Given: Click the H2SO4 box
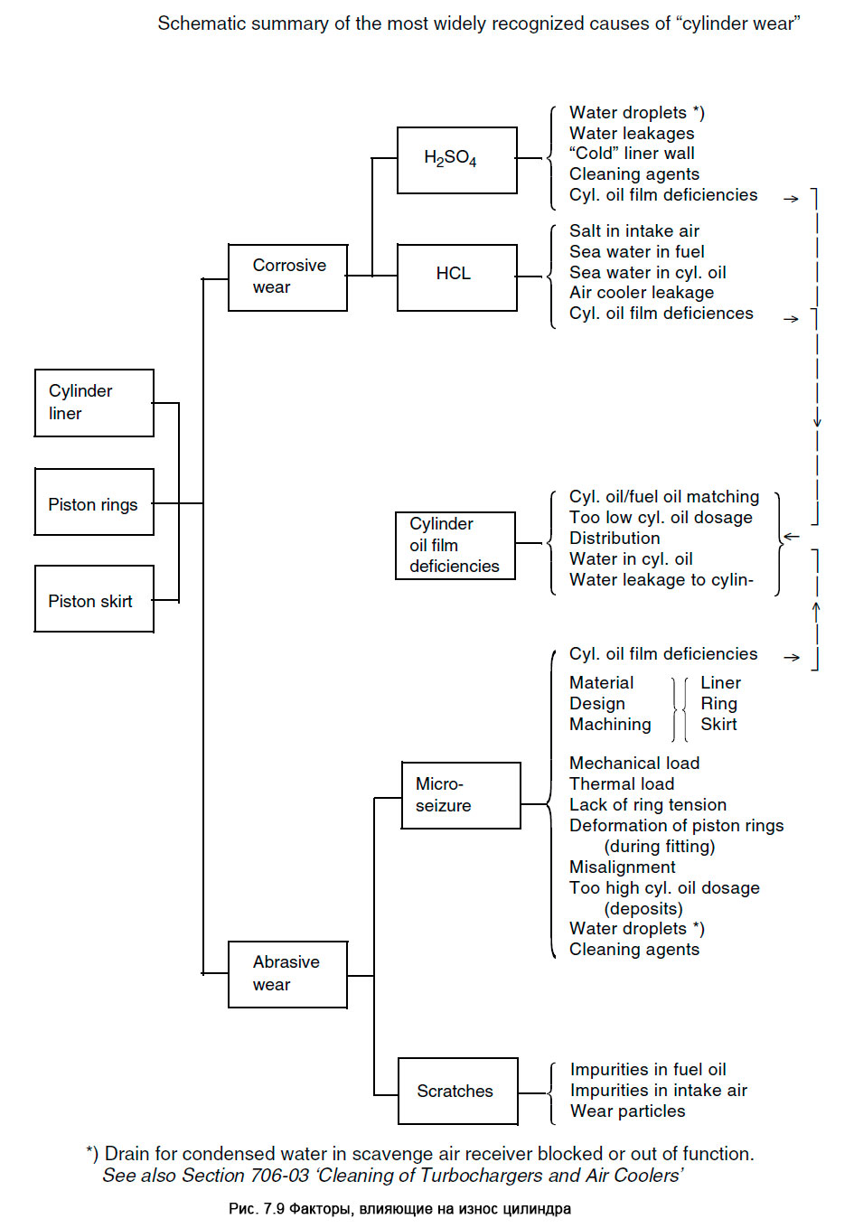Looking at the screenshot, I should [x=456, y=160].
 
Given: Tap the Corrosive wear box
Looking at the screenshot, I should [x=287, y=277].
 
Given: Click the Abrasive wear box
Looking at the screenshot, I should [x=287, y=974].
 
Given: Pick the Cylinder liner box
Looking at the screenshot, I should [x=94, y=403].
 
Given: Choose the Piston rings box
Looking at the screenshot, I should [x=94, y=502].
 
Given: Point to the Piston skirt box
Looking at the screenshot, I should [x=94, y=599].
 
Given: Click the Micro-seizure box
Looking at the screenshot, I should [x=461, y=795].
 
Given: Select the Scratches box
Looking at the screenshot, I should [x=457, y=1092].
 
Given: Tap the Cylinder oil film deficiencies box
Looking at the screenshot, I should [x=455, y=546].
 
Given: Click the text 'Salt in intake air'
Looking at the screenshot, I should [x=633, y=231].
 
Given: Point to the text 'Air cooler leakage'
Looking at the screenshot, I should [x=641, y=293].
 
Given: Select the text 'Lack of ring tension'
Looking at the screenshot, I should [x=647, y=805].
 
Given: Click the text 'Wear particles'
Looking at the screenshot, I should [x=627, y=1111].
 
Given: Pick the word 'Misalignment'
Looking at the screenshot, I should [x=622, y=867].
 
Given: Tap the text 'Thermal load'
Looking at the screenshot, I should [x=621, y=784].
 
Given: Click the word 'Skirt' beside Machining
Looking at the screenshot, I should [x=718, y=725].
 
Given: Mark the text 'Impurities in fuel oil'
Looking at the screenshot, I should [x=647, y=1070].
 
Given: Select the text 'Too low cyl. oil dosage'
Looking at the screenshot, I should [x=660, y=518].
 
